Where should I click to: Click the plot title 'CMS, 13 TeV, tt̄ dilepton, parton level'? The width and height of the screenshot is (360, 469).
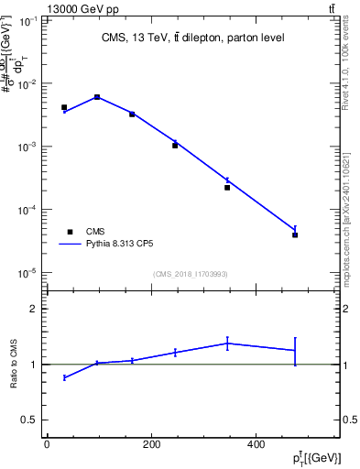pos(192,38)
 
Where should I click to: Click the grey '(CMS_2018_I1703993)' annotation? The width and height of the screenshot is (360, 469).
pos(191,273)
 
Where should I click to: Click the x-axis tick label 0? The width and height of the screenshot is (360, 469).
pos(47,445)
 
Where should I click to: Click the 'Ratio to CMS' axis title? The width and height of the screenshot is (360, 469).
pos(14,365)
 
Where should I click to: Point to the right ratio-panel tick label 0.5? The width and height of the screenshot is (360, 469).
pos(350,420)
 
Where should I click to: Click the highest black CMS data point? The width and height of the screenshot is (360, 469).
pos(97,97)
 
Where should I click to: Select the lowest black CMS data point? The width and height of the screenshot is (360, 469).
pos(295,235)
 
